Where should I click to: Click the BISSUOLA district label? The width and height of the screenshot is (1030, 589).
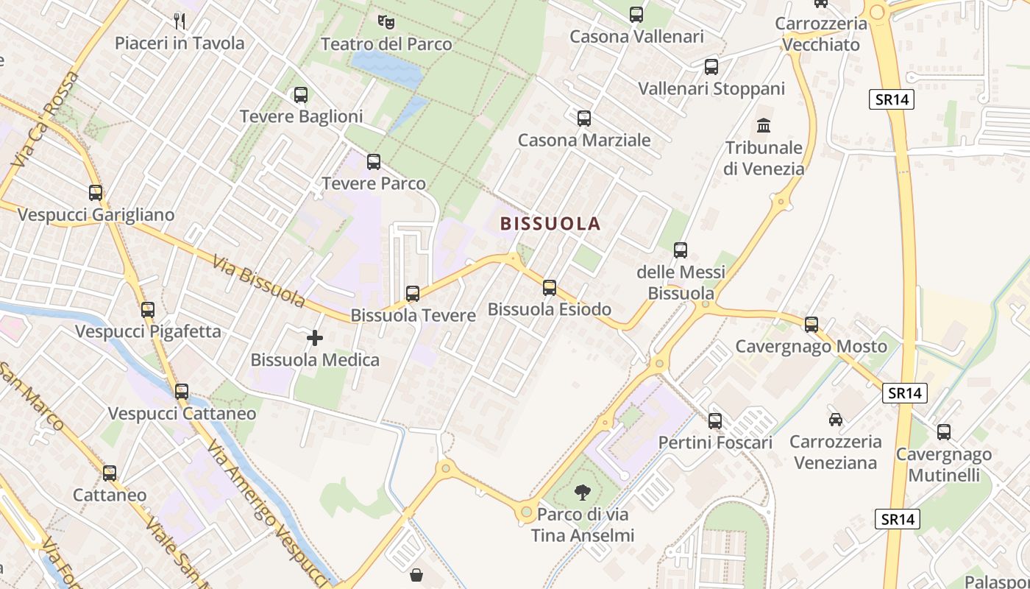coord(550,224)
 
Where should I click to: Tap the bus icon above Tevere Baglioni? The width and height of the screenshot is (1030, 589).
coord(300,95)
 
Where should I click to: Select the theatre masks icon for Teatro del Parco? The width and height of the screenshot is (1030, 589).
coord(386,22)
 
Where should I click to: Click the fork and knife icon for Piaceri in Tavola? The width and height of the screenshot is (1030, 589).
coord(179,21)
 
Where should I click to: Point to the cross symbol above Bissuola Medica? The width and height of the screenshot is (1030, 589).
coord(315,338)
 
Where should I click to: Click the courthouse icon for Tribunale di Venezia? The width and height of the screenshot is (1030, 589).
coord(764,125)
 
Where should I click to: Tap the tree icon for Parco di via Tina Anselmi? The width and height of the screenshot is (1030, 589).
coord(582,492)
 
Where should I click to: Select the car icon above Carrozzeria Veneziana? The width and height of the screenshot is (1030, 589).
coord(835,420)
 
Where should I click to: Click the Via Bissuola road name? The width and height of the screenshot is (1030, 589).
coord(258,281)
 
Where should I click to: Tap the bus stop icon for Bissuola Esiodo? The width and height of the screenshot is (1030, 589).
coord(550,288)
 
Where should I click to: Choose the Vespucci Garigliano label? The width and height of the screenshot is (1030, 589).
coord(96,215)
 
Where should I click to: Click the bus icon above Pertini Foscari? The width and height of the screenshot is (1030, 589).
coord(714,421)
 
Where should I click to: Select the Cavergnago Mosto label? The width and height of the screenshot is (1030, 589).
coord(811,346)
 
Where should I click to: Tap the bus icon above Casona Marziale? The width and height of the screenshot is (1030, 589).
coord(584,118)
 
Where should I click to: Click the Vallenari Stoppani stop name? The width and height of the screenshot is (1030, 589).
coord(711,89)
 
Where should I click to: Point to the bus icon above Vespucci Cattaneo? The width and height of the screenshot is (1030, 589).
coord(182,392)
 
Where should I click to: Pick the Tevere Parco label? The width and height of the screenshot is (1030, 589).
coord(374,183)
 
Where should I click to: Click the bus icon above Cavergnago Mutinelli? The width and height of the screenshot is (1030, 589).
coord(943,432)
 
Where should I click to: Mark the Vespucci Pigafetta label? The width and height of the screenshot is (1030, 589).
coord(148,331)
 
